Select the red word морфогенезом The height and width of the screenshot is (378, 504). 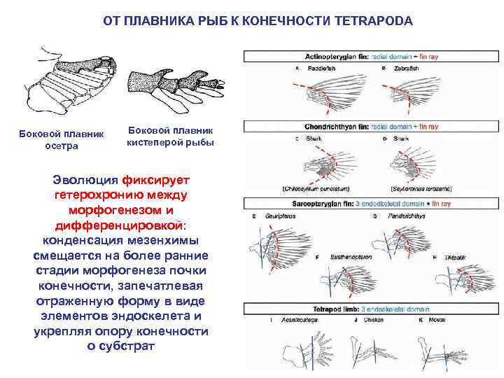(97, 209)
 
